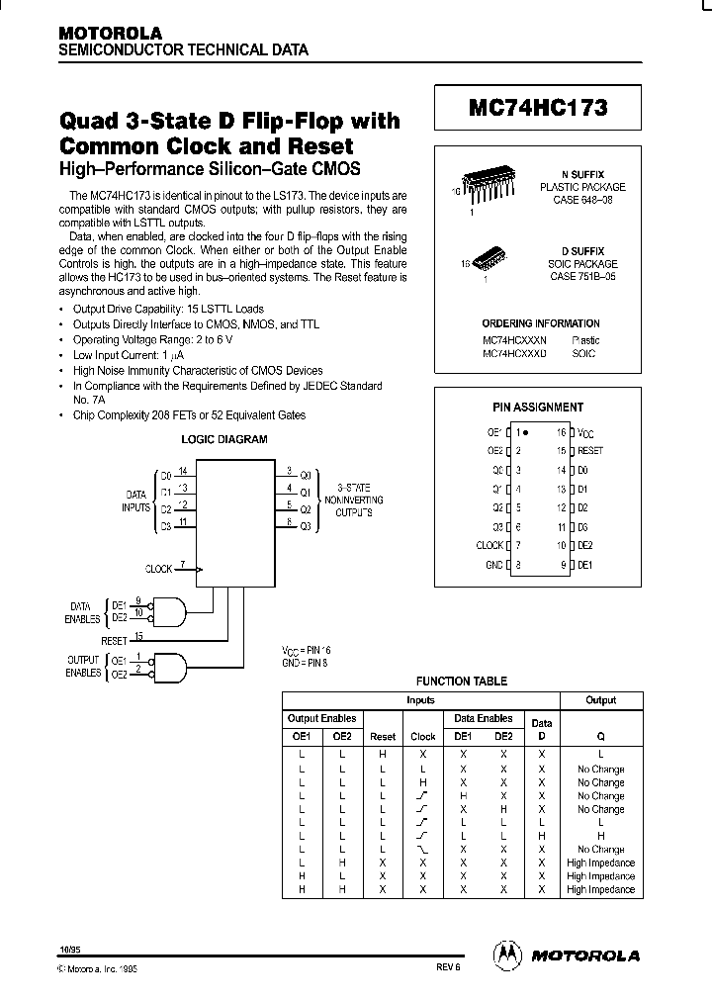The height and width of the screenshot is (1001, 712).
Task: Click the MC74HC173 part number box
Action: point(538,107)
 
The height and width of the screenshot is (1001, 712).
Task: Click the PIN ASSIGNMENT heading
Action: point(538,407)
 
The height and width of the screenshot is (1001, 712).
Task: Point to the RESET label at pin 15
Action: point(590,451)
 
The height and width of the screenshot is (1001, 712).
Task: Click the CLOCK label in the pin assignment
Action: point(489,546)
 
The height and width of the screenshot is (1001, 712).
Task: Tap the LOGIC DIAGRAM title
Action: point(223,439)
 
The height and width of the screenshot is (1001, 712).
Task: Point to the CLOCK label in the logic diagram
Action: point(158,570)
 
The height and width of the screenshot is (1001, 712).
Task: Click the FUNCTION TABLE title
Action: point(461,681)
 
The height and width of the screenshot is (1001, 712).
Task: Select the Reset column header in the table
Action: point(383,736)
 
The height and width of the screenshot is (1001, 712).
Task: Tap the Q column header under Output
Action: point(600,736)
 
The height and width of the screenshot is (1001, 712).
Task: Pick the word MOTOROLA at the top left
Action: point(104,33)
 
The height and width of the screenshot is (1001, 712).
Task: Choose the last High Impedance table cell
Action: point(600,889)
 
